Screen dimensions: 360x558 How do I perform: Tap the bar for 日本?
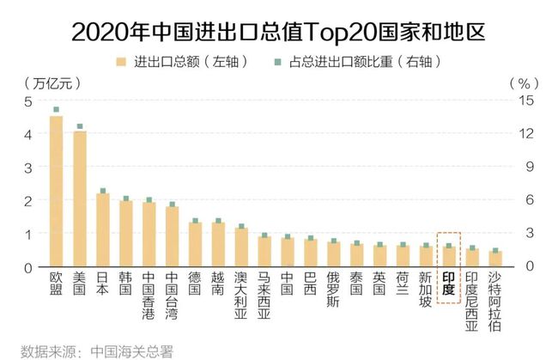(x=102, y=229)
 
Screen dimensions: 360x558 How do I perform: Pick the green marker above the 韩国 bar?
(x=125, y=198)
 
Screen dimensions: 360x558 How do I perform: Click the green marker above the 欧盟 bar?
(x=56, y=110)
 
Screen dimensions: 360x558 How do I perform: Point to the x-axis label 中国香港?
(x=149, y=296)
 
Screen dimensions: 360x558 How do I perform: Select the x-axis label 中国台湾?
(x=172, y=296)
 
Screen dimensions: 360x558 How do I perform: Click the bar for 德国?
(x=195, y=244)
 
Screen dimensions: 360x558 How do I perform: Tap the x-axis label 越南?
(x=218, y=284)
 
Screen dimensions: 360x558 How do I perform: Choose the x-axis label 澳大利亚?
(x=241, y=296)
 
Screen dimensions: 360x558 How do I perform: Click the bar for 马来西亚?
(x=264, y=251)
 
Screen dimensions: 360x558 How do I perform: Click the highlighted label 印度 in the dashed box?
(x=448, y=284)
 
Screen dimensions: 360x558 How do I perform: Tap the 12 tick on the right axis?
(x=526, y=134)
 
